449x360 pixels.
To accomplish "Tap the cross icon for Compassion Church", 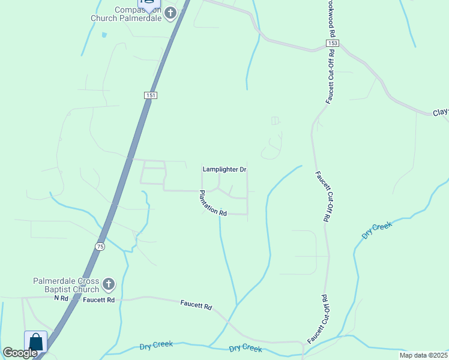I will point(170,13).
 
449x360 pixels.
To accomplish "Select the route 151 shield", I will point(151,95).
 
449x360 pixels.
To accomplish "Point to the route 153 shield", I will point(333,44).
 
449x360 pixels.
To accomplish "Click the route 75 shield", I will point(100,247).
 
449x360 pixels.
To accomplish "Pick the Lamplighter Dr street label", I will point(224,170).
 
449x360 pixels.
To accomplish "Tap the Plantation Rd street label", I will point(212,203).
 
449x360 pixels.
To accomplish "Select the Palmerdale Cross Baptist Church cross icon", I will point(109,283).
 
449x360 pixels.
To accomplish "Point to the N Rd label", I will point(61,298).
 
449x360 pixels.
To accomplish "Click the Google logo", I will point(20,353).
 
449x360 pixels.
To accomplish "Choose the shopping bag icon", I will point(35,342).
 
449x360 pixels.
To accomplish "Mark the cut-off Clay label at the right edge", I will point(441,113).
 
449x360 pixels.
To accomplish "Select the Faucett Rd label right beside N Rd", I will point(98,299).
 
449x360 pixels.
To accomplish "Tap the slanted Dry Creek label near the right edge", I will point(377,230).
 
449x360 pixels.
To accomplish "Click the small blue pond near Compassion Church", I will point(104,35).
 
